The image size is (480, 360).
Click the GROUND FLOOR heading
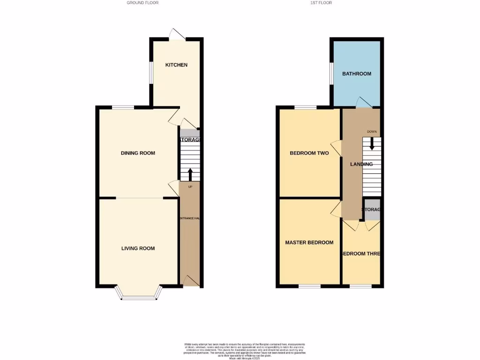click(x=142, y=3)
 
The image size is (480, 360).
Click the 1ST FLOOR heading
click(x=321, y=3)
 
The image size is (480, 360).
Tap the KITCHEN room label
click(x=176, y=65)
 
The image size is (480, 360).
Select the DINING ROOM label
click(x=138, y=153)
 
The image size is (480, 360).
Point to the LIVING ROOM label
click(x=138, y=248)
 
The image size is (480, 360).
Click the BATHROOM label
click(x=356, y=74)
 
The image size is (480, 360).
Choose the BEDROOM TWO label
click(x=309, y=153)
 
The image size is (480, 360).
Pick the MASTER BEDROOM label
click(x=309, y=243)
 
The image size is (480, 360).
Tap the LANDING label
click(x=361, y=165)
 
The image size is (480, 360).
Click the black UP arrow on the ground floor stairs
click(x=190, y=174)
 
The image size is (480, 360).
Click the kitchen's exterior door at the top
click(x=178, y=34)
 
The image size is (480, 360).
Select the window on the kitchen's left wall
click(x=151, y=73)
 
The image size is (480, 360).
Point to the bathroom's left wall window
click(x=330, y=74)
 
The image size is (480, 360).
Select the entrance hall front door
click(x=190, y=281)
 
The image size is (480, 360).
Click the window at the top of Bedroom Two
click(x=306, y=107)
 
